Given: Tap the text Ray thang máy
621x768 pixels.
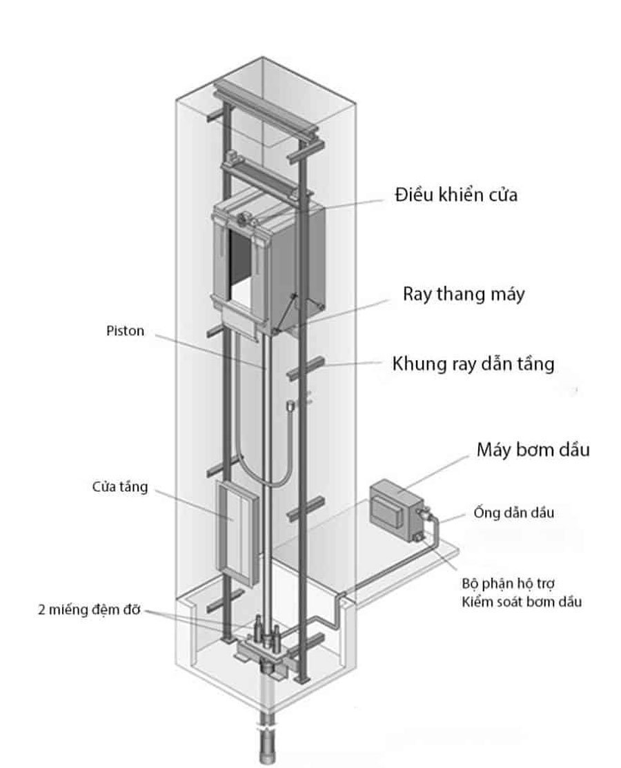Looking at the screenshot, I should pos(464,294).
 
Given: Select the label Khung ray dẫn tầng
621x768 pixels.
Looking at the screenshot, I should pos(473,364).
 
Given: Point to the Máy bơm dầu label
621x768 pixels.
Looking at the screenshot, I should pos(533,450).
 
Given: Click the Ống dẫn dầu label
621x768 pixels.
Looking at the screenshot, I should pos(513,513).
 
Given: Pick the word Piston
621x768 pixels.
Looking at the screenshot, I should pos(125,331).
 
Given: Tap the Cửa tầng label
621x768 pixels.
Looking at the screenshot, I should pos(120,487).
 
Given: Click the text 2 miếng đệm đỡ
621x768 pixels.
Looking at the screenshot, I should pos(89,610).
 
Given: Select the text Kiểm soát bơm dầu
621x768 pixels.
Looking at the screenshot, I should pos(522,602).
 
